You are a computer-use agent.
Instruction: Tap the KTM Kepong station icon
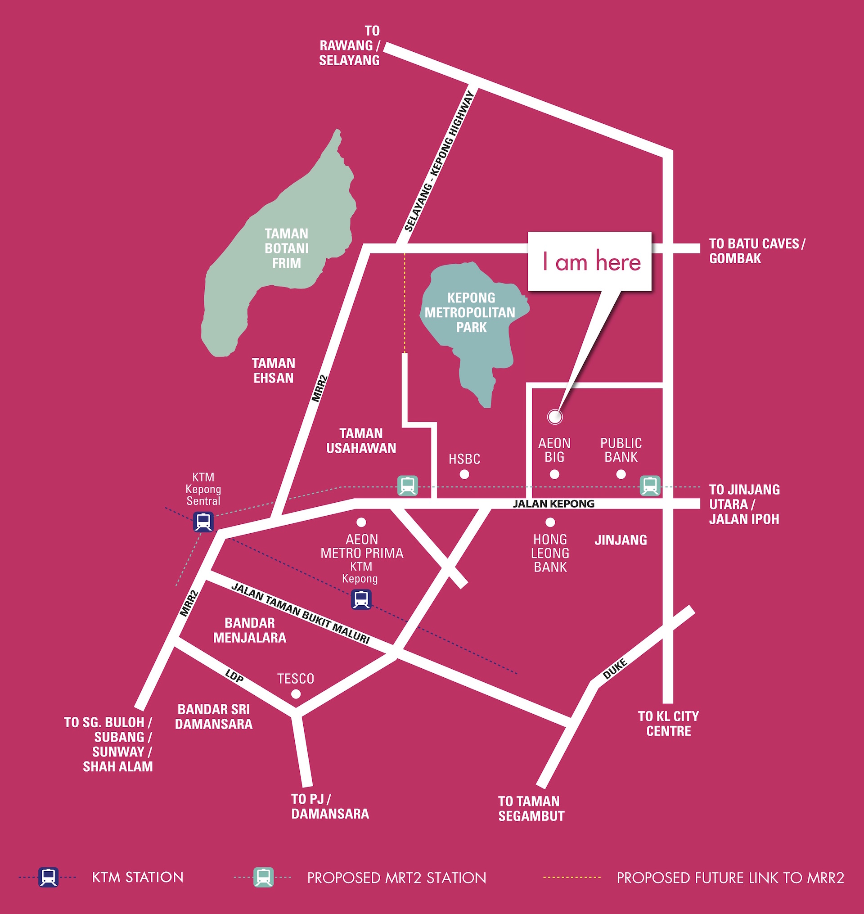pyautogui.click(x=361, y=599)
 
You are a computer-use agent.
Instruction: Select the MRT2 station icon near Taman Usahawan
pyautogui.click(x=408, y=486)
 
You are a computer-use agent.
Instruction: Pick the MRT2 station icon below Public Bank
pyautogui.click(x=650, y=486)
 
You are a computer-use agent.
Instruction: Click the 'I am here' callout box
pyautogui.click(x=589, y=261)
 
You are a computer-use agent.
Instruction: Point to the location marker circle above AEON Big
pyautogui.click(x=555, y=416)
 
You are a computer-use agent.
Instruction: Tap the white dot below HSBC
pyautogui.click(x=464, y=474)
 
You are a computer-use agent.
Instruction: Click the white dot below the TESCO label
pyautogui.click(x=296, y=694)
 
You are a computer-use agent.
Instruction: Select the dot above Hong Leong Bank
pyautogui.click(x=550, y=522)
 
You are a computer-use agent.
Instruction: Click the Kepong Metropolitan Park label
pyautogui.click(x=470, y=312)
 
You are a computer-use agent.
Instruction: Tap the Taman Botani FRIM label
pyautogui.click(x=287, y=248)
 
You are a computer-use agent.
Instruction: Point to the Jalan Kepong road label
pyautogui.click(x=553, y=504)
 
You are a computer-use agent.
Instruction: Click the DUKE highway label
pyautogui.click(x=615, y=669)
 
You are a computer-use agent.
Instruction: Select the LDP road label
pyautogui.click(x=234, y=676)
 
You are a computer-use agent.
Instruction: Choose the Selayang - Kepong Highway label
pyautogui.click(x=439, y=161)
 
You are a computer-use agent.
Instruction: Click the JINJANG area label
pyautogui.click(x=621, y=540)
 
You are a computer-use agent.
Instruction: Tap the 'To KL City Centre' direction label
pyautogui.click(x=668, y=723)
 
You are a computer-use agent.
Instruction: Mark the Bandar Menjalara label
pyautogui.click(x=250, y=630)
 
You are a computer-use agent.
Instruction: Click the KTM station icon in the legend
pyautogui.click(x=48, y=877)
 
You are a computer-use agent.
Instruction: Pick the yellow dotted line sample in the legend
pyautogui.click(x=572, y=877)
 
